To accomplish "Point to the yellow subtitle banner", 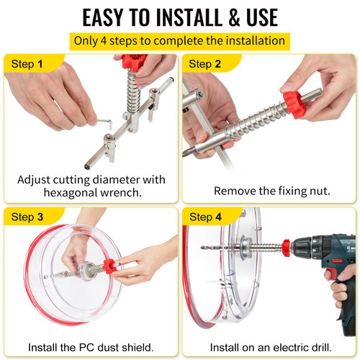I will coord(180,40).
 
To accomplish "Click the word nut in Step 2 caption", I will coord(314,191).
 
